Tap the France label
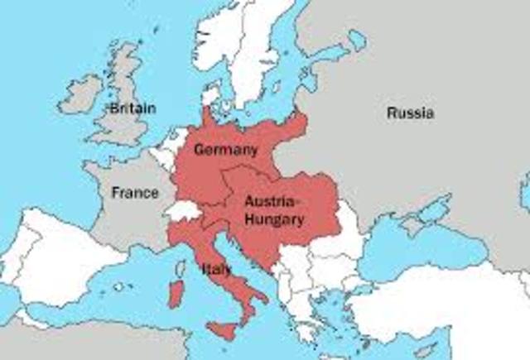coord(134,193)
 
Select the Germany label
coord(225,150)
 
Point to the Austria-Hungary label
coord(274,210)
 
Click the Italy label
coord(216,269)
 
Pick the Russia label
coord(410,113)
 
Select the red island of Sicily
coord(222,329)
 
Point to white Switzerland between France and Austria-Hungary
coord(184,210)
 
